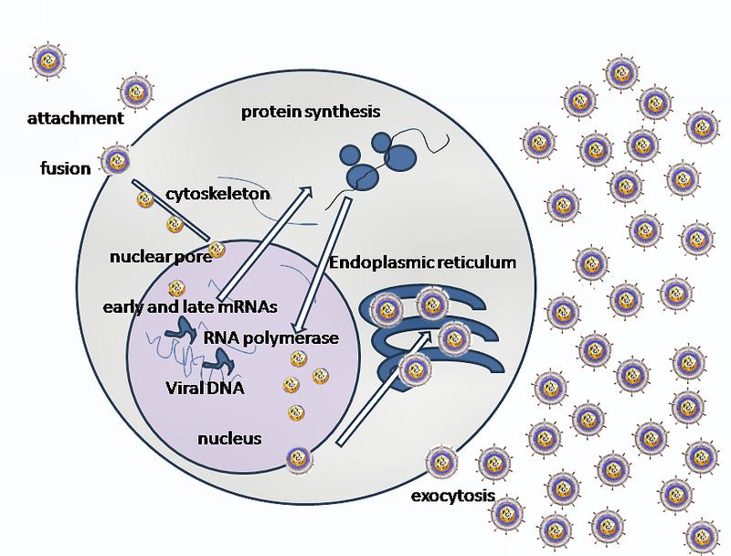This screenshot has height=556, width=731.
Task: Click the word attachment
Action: [76, 119]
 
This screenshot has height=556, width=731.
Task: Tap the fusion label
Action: [66, 168]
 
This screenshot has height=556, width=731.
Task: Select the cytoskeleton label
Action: [218, 194]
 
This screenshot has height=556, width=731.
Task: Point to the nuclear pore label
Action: [161, 257]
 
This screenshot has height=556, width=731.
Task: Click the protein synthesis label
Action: [311, 112]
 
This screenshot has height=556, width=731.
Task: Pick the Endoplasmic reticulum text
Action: [423, 262]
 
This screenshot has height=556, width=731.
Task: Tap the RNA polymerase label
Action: [270, 337]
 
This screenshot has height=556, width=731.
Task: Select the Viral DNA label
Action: [205, 388]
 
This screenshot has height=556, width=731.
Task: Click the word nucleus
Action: [229, 438]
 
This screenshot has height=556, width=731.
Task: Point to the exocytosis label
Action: [452, 496]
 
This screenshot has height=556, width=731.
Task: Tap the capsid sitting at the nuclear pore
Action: [217, 251]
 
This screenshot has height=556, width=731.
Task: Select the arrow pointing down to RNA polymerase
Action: [322, 264]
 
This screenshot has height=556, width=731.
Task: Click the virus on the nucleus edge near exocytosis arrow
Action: [299, 460]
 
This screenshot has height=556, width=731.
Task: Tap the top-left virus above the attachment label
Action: [48, 60]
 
